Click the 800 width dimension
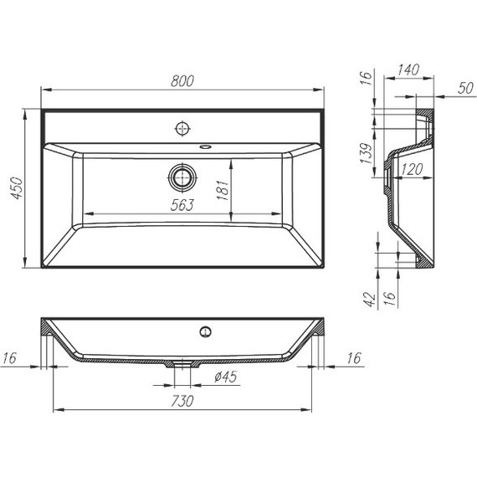[x=183, y=80]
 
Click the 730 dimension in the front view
[x=182, y=401]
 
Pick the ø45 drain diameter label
[x=228, y=376]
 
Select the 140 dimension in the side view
[x=408, y=70]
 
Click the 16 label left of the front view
[x=9, y=359]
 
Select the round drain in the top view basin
[x=182, y=177]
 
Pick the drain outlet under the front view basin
[x=182, y=364]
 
